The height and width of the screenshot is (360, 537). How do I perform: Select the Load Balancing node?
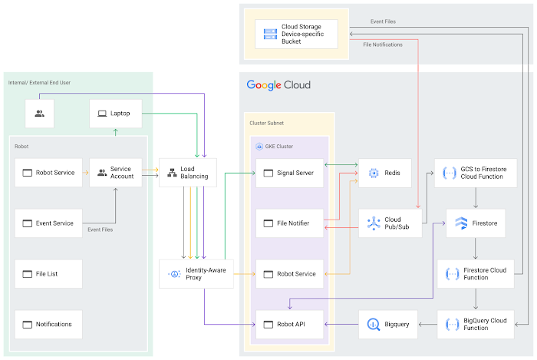(188, 173)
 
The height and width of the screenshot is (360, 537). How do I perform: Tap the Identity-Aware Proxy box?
(196, 274)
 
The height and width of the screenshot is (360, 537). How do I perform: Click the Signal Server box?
(289, 173)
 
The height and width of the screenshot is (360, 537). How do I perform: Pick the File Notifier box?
(289, 223)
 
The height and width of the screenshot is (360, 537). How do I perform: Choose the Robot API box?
(289, 325)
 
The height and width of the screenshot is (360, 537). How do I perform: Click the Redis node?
(390, 173)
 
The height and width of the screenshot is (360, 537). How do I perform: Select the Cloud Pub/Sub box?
(390, 223)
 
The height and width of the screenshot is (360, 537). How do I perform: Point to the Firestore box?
(476, 223)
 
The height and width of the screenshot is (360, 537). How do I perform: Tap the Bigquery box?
(390, 325)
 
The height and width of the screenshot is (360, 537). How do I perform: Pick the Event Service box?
(48, 223)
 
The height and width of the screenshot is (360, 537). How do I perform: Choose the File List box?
(48, 274)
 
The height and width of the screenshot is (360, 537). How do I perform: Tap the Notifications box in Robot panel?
(48, 325)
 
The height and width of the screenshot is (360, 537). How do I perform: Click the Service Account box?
(115, 173)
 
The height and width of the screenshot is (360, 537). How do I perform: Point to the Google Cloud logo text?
(278, 85)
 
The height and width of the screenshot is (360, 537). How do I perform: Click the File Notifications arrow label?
(383, 45)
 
